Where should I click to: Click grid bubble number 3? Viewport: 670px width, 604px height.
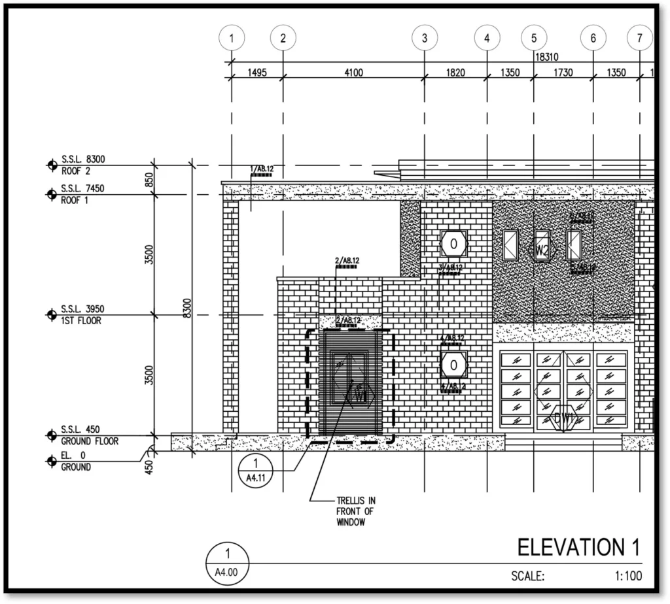click(x=425, y=39)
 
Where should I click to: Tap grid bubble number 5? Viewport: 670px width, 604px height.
click(x=534, y=39)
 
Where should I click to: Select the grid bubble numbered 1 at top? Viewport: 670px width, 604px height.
click(x=232, y=39)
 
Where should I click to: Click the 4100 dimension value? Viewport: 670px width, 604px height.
click(x=353, y=73)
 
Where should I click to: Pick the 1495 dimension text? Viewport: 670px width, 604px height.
click(x=256, y=73)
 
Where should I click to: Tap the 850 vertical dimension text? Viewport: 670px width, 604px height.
click(x=149, y=180)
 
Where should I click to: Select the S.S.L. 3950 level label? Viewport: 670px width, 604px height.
click(x=83, y=309)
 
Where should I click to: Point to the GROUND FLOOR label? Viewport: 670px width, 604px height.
click(x=90, y=441)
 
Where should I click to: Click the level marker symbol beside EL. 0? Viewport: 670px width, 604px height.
click(x=52, y=461)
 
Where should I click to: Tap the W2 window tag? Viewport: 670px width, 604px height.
click(x=542, y=249)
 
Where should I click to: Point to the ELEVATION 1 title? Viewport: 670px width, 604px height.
click(x=578, y=547)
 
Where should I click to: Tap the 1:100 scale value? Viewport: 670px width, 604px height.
click(x=628, y=576)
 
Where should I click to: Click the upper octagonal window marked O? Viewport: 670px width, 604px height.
click(x=453, y=244)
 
